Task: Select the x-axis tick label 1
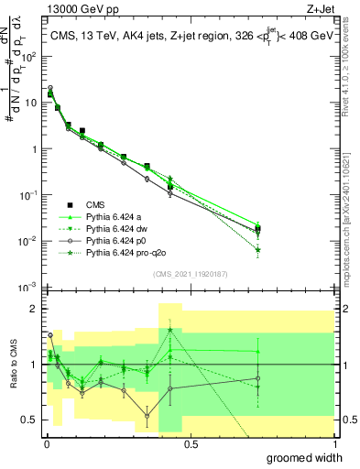click(x=334, y=444)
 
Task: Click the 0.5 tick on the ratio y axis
click(x=30, y=420)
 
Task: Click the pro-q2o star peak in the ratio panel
click(x=170, y=330)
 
